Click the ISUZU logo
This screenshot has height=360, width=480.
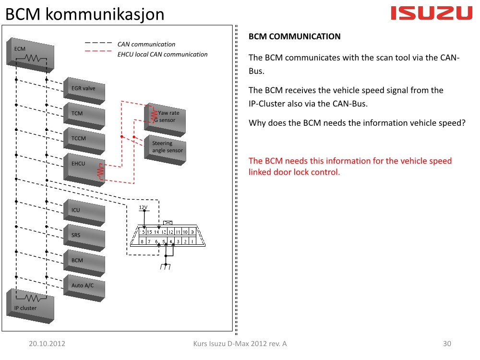(432, 13)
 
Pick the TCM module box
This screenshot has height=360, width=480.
(84, 114)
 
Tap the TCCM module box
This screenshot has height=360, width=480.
(84, 139)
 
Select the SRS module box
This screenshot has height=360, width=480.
(84, 236)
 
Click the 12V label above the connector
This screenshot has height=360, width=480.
(143, 207)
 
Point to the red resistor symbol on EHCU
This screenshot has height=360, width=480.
(100, 172)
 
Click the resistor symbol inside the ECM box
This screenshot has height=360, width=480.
(31, 58)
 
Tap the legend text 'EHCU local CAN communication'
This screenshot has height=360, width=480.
(162, 54)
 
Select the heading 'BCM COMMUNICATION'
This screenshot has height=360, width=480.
(294, 36)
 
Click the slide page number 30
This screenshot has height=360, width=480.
(447, 344)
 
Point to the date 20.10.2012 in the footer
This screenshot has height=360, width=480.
(47, 344)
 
